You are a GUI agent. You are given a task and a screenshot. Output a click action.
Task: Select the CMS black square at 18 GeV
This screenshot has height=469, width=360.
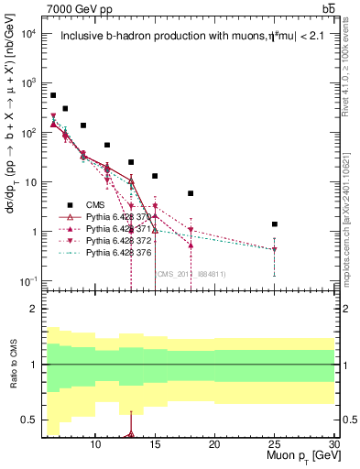coord(191,193)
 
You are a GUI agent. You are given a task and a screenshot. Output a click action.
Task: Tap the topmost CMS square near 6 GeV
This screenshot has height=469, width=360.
coord(53,95)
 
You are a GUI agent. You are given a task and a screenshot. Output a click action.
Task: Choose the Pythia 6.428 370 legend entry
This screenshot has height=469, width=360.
coord(102,217)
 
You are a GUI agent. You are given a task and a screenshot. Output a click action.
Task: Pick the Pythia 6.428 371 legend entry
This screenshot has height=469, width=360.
coord(102,228)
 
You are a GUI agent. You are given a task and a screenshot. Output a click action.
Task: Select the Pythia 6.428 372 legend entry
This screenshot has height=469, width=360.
coord(102,240)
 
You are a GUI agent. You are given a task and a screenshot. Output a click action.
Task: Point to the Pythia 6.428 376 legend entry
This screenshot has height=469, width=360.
coord(102,252)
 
